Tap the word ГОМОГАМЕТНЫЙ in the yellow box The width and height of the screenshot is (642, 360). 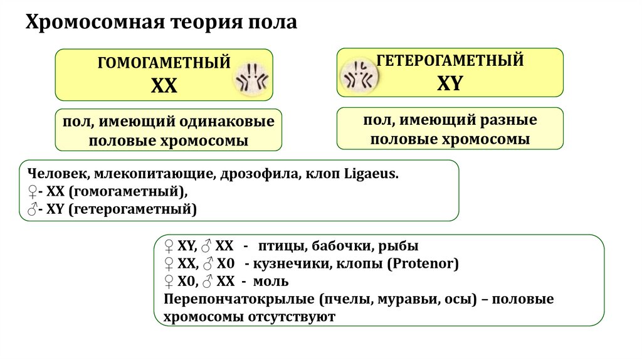(164, 63)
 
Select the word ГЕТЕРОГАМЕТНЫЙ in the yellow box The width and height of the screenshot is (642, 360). (450, 61)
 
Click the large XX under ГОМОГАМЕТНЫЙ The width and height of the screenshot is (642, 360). (164, 86)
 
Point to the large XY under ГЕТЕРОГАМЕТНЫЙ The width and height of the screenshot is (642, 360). (449, 83)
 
